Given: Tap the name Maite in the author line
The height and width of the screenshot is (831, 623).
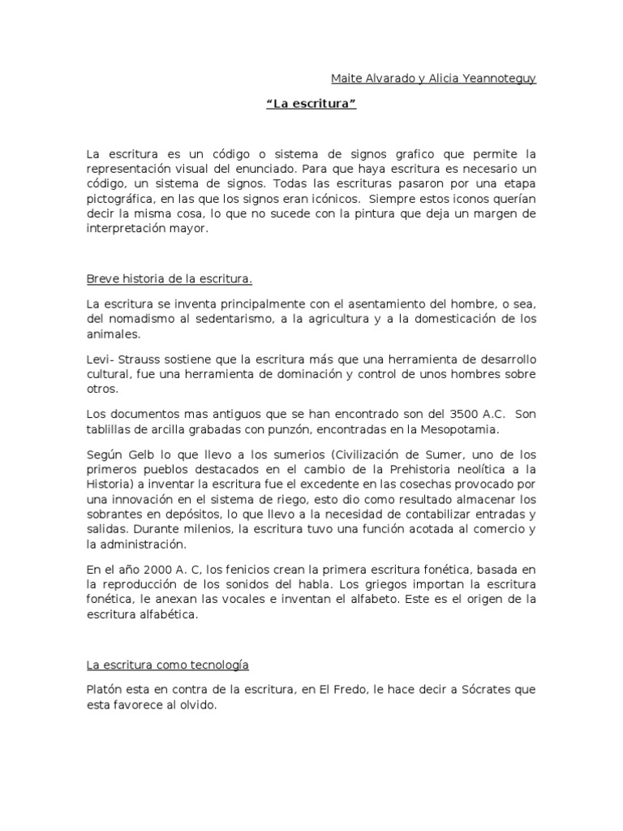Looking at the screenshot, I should [x=346, y=78].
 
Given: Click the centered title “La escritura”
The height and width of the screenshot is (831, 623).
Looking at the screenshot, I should [x=311, y=105].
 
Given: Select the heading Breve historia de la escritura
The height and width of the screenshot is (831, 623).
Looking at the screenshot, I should [x=170, y=280].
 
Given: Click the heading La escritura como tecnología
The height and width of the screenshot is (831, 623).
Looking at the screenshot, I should [x=167, y=665].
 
